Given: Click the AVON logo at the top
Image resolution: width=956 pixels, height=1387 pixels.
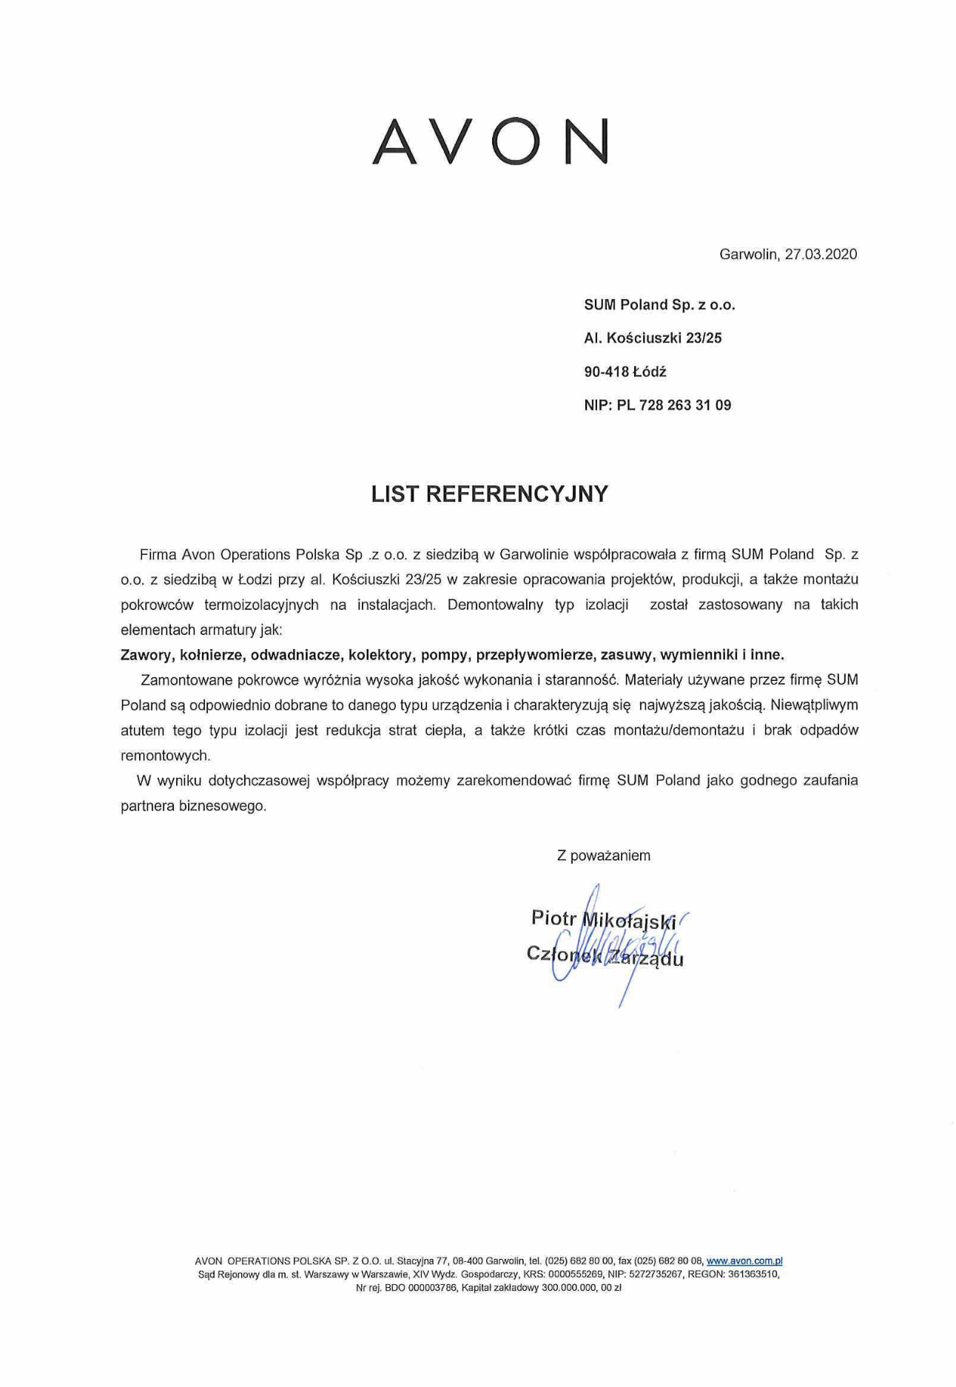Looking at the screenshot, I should pyautogui.click(x=490, y=141).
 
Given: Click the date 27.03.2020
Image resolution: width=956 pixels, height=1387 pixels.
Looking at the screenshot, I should pyautogui.click(x=821, y=255).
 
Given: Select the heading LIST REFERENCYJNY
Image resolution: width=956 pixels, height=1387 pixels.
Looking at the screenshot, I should pyautogui.click(x=489, y=494).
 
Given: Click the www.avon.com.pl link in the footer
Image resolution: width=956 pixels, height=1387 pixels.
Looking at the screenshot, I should pyautogui.click(x=744, y=1261).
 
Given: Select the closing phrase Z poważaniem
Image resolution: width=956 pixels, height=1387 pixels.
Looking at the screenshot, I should pyautogui.click(x=603, y=856).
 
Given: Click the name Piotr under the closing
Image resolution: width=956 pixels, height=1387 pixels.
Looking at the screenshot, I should pyautogui.click(x=553, y=918).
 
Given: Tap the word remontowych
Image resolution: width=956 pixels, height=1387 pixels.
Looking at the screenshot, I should pyautogui.click(x=165, y=756).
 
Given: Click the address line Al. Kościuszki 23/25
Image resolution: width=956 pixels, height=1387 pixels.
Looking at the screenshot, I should pyautogui.click(x=653, y=338).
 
